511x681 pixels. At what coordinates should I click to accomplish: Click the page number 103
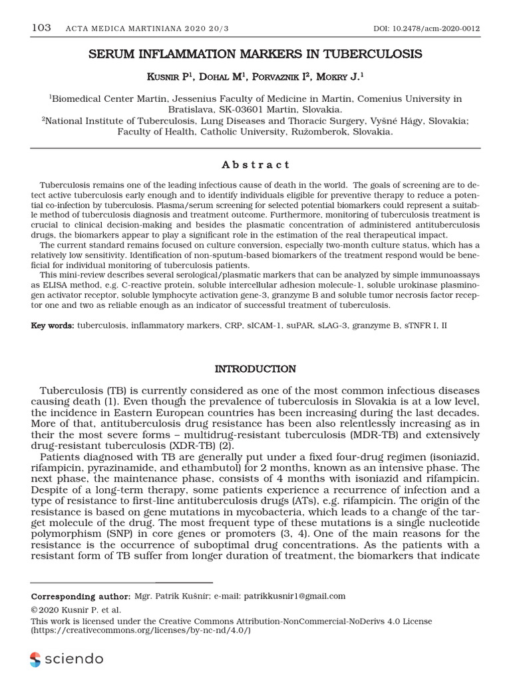41,28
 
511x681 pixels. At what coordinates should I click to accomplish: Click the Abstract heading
255,165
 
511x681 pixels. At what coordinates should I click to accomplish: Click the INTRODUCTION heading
255,368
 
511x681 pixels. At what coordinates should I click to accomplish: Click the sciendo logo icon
35,660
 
